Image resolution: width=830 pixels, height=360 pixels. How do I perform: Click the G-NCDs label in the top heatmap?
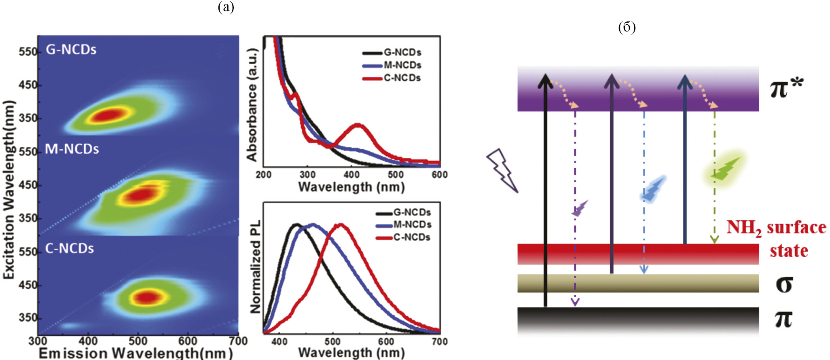click(x=71, y=49)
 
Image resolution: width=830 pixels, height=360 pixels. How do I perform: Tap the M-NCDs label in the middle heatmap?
click(x=72, y=149)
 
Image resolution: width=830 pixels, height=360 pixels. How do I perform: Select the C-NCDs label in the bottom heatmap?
click(x=69, y=248)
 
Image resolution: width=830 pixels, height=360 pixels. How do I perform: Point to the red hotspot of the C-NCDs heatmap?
click(x=148, y=297)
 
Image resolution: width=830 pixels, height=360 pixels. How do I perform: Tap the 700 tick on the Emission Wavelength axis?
click(x=238, y=341)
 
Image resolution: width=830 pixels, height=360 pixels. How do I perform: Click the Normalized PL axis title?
click(x=256, y=267)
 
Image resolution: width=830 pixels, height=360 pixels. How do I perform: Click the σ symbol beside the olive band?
click(x=784, y=284)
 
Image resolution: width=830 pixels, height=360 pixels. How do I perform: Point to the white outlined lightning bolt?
click(x=502, y=170)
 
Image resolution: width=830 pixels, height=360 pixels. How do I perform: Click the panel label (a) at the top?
click(x=226, y=7)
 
